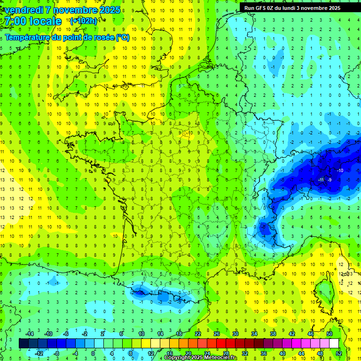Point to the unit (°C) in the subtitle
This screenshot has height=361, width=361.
(122, 38)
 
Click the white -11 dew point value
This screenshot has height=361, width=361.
(321, 180)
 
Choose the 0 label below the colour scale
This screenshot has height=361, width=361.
(93, 353)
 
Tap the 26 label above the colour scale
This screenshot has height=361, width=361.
(217, 334)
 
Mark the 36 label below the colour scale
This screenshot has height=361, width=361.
(264, 353)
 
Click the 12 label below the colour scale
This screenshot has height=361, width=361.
(151, 353)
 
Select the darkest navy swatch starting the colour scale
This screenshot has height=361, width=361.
(24, 344)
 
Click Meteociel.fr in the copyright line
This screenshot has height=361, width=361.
(221, 358)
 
